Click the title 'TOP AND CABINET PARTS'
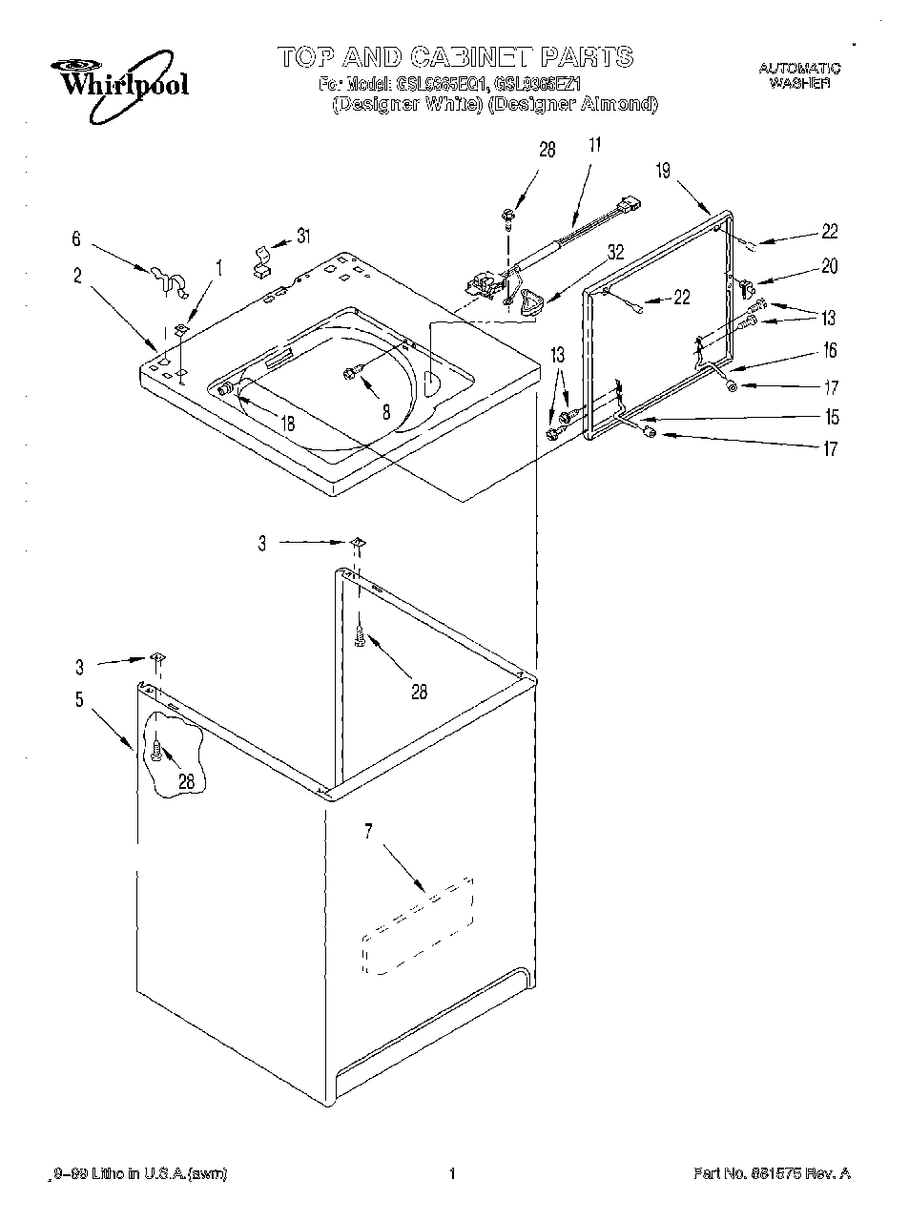[x=455, y=56]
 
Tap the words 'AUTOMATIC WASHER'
[x=799, y=75]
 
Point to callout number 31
[x=302, y=237]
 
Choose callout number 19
[x=663, y=171]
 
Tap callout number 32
[x=615, y=253]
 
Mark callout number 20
[x=829, y=267]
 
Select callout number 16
[x=829, y=351]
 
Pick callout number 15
[x=833, y=417]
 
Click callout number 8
[x=385, y=413]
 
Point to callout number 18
[x=287, y=424]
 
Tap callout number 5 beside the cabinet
[x=79, y=700]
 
